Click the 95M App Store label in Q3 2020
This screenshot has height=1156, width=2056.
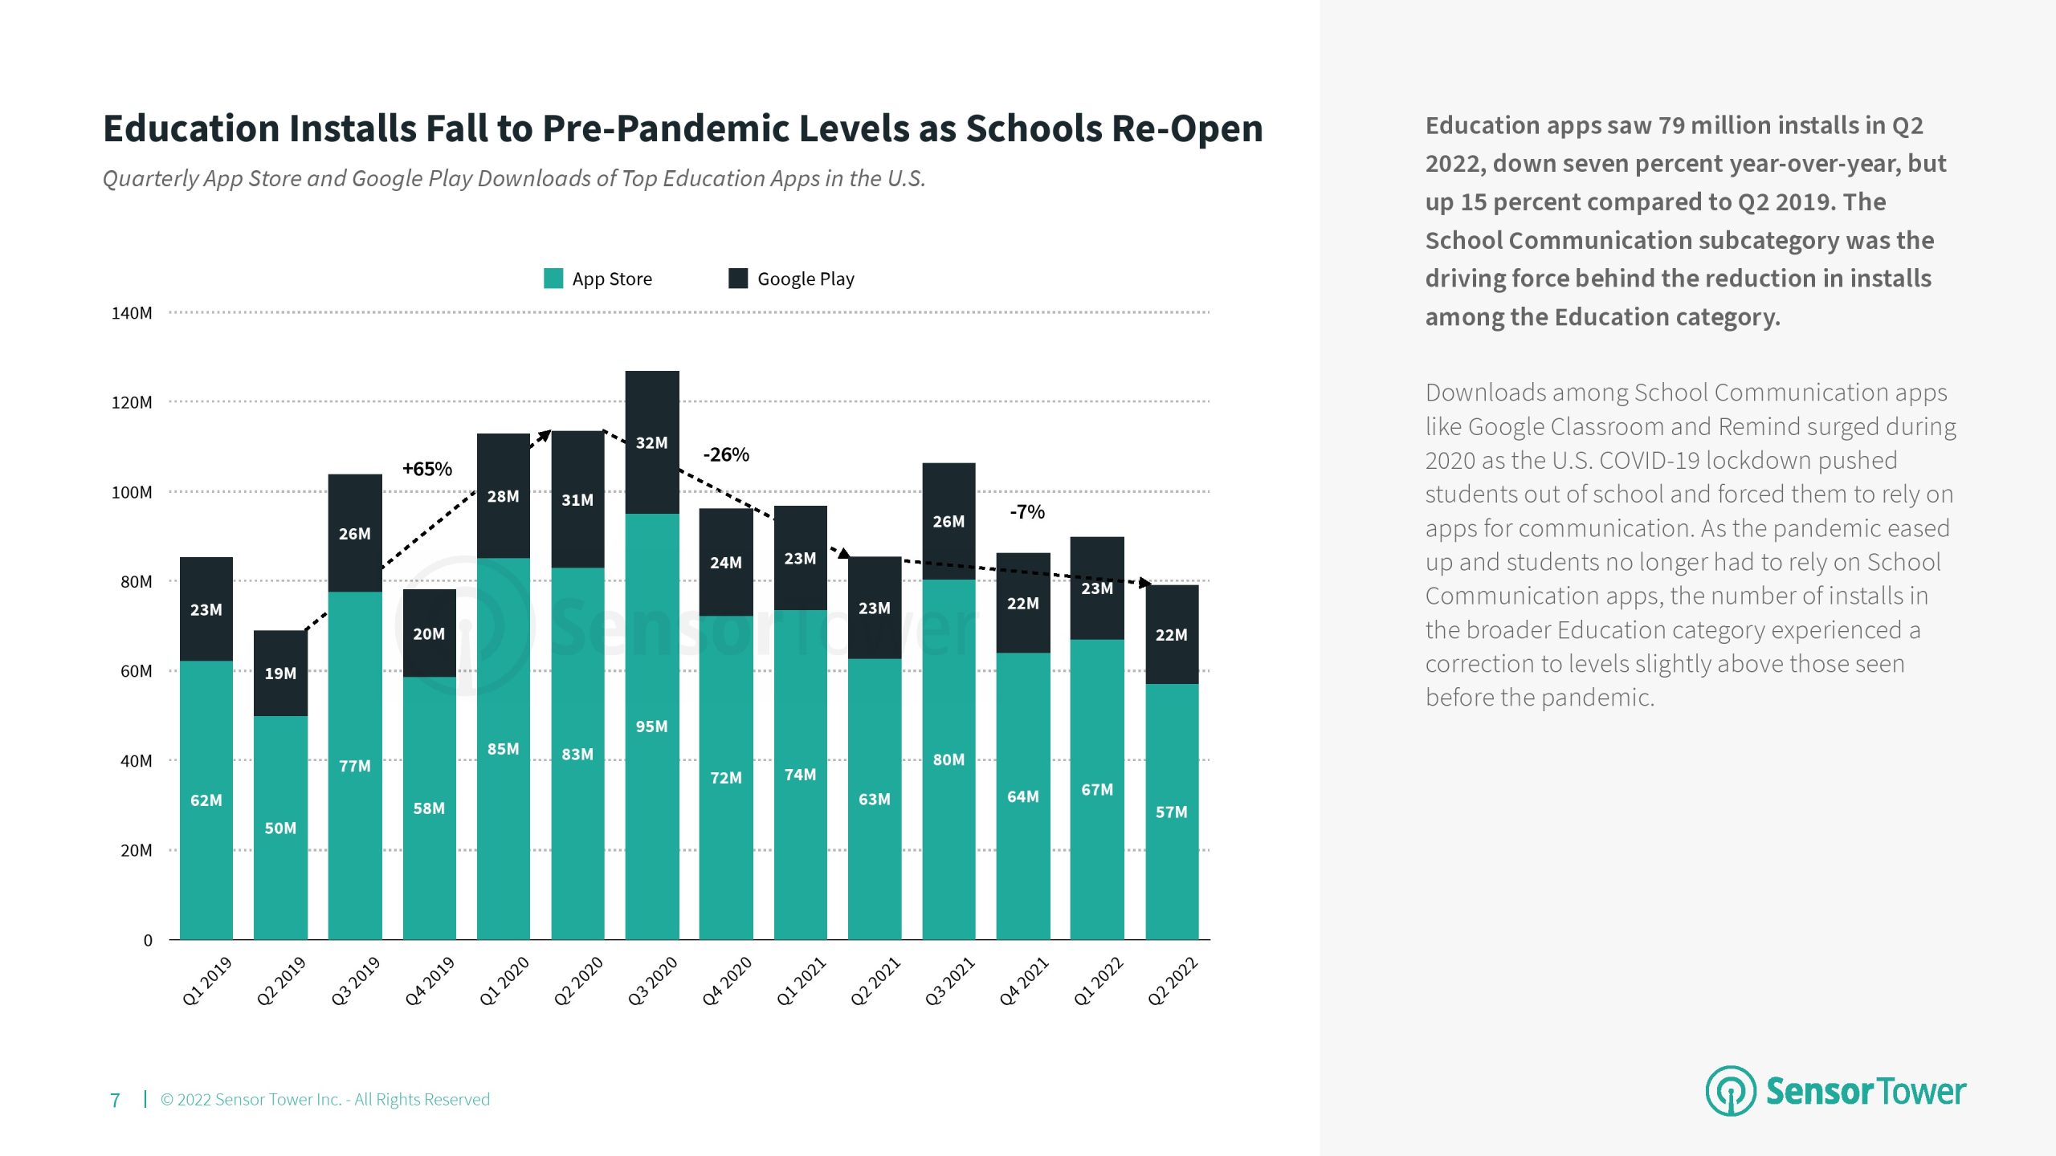click(651, 727)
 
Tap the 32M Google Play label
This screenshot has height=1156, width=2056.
click(651, 443)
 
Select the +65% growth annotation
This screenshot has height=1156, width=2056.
click(426, 469)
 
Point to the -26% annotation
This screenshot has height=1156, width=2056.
click(726, 455)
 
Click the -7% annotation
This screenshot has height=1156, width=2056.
click(1027, 512)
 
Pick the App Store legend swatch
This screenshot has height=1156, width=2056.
click(553, 279)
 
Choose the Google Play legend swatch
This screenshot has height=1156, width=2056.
click(738, 279)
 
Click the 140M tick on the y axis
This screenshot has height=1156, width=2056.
click(132, 313)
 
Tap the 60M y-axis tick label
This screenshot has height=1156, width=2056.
click(136, 671)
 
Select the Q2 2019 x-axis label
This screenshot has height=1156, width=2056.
click(281, 980)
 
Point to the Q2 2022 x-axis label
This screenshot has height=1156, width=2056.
click(1172, 980)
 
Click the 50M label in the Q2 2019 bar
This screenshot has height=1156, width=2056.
click(280, 828)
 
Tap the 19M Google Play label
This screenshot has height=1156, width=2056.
click(280, 674)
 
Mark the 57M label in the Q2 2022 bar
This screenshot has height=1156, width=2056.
click(1171, 812)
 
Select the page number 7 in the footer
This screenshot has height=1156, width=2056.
click(115, 1100)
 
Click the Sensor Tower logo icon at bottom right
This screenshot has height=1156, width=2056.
click(1730, 1091)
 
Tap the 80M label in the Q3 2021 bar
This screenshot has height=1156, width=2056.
click(948, 759)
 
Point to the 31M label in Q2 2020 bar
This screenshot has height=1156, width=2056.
click(577, 500)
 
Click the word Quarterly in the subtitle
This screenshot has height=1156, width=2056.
click(150, 178)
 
